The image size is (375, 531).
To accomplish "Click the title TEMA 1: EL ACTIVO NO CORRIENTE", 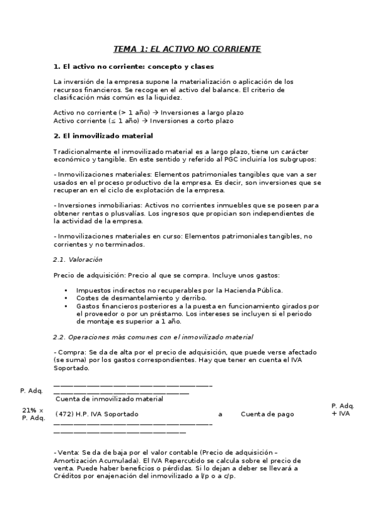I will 187,49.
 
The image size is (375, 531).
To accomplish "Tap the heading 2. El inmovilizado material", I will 103,135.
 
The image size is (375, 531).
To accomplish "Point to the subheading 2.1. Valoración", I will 78,259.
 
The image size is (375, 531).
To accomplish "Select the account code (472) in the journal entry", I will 64,414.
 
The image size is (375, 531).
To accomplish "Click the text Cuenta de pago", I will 267,414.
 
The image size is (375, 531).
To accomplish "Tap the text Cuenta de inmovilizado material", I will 110,398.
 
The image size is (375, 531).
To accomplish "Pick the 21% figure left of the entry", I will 29,410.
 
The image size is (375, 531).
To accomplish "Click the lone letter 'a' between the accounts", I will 220,414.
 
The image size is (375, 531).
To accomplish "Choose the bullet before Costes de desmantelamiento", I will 66,298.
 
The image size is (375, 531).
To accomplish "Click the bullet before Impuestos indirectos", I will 66,291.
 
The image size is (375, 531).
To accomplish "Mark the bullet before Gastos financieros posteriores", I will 66,306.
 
